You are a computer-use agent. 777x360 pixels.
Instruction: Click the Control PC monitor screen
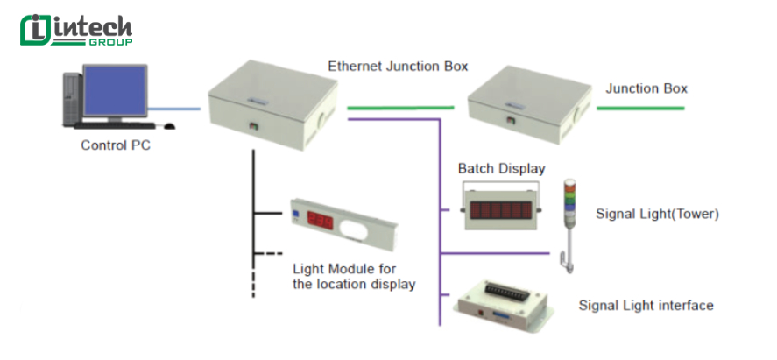114,92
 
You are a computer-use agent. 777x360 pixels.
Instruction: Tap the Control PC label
116,146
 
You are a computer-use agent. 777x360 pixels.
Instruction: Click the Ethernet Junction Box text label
398,66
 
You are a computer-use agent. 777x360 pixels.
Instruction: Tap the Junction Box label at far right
646,88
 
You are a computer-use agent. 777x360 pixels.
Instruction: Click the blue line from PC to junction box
175,109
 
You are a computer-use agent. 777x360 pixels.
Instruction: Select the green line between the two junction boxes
400,108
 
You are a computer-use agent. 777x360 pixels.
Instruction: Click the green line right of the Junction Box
640,108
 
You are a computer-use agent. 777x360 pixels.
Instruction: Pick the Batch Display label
502,168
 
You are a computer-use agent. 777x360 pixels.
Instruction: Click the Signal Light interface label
646,306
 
